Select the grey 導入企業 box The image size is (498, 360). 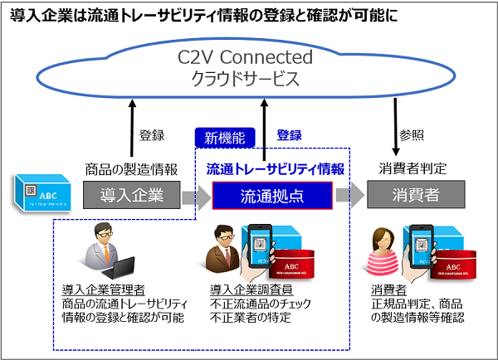(131, 196)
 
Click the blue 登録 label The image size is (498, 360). (289, 135)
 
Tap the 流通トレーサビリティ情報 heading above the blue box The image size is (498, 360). (271, 168)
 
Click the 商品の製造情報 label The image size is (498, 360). (131, 168)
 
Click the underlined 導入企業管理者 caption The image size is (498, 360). (104, 289)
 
